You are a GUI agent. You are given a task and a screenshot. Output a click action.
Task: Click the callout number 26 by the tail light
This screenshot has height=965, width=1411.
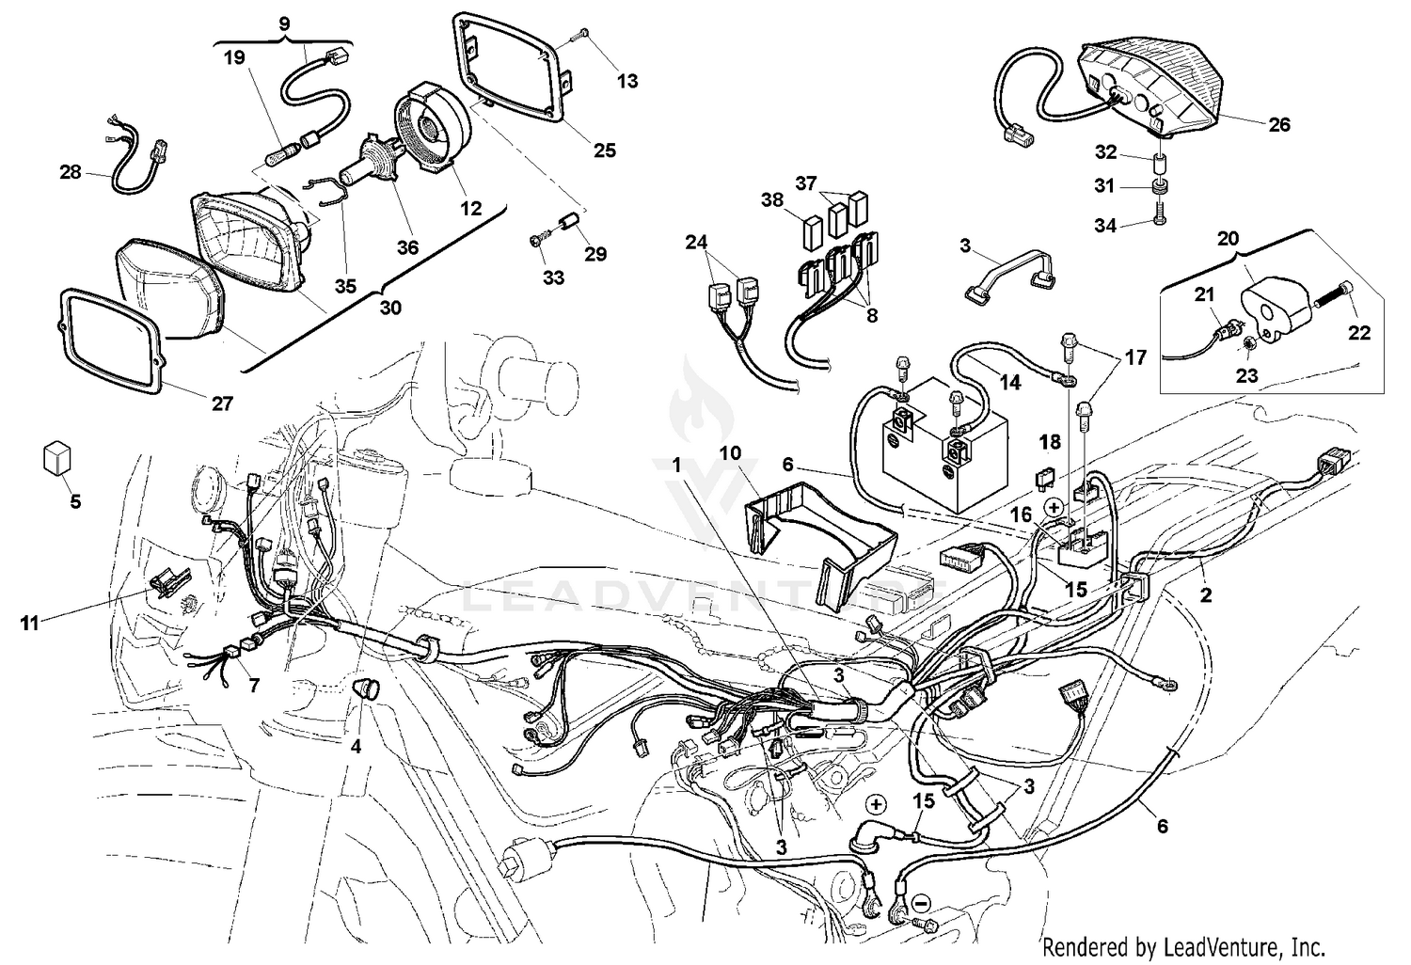(1279, 124)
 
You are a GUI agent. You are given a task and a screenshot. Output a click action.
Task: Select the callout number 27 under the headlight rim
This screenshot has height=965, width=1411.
(221, 403)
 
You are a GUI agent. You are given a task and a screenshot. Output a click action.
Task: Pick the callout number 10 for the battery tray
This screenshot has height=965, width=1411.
(731, 453)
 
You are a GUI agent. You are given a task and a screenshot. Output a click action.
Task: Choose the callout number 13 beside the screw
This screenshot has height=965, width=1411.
(626, 81)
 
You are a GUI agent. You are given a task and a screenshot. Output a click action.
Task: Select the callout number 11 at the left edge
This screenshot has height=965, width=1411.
(30, 622)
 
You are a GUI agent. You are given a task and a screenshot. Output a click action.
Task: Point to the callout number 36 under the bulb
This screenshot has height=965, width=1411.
(406, 247)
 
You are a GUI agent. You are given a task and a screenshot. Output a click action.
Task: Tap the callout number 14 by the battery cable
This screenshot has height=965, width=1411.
(1009, 383)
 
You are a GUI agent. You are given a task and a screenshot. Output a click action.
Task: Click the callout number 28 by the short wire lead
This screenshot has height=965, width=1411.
(71, 172)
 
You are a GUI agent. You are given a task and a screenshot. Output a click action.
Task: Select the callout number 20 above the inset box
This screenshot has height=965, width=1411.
(1229, 239)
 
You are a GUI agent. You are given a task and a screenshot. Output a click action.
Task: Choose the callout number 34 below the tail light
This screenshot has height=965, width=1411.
(1105, 226)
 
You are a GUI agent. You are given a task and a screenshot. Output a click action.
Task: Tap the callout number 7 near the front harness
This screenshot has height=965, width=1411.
(253, 685)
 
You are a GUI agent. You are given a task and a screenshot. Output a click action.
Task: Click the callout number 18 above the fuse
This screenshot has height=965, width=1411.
(1050, 441)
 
